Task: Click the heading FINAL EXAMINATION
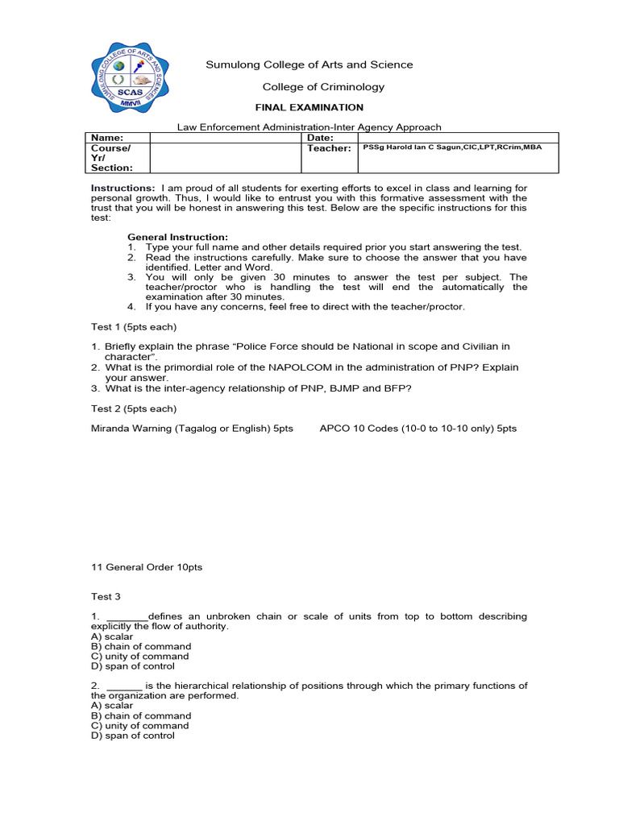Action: (309, 107)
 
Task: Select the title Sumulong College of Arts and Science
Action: (309, 64)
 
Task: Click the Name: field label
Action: (106, 138)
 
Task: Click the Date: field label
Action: (320, 138)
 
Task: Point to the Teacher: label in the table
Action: (329, 148)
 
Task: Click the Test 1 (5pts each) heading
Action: (133, 327)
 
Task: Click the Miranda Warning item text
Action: (192, 429)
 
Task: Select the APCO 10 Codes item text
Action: (418, 429)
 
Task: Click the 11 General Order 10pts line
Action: (147, 567)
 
